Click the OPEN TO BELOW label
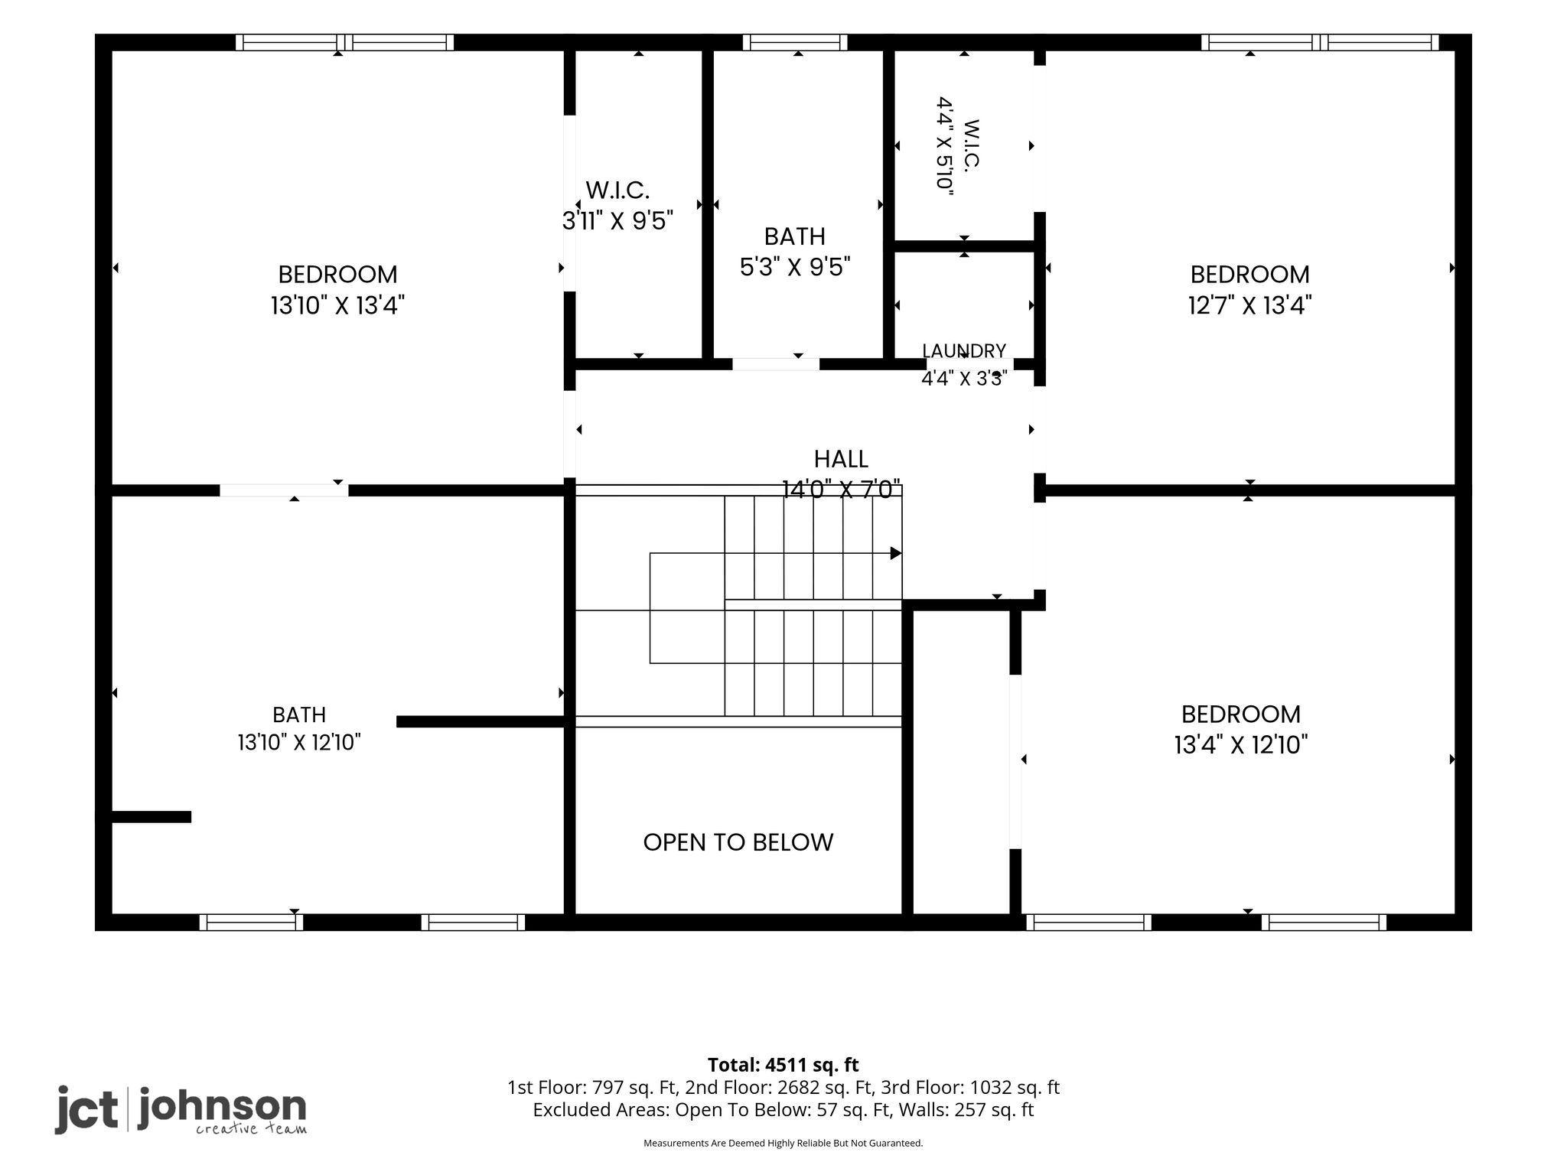tap(738, 842)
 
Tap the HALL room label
tap(841, 459)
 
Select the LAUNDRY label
tap(964, 351)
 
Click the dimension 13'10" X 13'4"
tap(337, 306)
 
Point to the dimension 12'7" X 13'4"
tap(1249, 306)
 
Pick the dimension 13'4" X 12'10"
tap(1241, 745)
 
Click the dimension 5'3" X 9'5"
tap(795, 267)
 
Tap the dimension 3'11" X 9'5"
tap(618, 221)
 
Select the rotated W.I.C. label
tap(972, 145)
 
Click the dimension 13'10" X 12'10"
tap(298, 742)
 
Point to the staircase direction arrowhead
tap(896, 553)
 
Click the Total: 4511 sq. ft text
tap(783, 1065)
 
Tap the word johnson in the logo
tap(223, 1107)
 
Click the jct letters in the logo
tap(86, 1108)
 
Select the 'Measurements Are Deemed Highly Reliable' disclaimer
tap(783, 1144)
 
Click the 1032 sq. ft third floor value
tap(1015, 1088)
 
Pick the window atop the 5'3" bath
tap(795, 42)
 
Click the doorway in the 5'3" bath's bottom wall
tap(776, 364)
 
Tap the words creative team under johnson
tap(251, 1129)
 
